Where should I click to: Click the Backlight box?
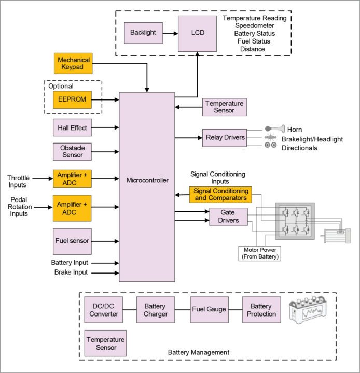coord(143,33)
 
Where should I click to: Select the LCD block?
coord(197,33)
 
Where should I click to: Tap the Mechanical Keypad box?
coord(73,63)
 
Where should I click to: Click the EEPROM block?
coord(73,98)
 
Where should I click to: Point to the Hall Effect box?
coord(72,127)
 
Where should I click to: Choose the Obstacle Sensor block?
coord(72,152)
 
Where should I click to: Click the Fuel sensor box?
coord(72,241)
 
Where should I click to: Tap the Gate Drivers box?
coord(228,217)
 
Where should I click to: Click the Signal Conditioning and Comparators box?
coord(220,194)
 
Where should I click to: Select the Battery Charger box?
coord(155,310)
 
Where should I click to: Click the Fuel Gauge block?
coord(209,310)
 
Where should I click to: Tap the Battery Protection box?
coord(261,310)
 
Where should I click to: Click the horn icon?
coord(274,128)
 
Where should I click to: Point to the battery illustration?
coord(310,312)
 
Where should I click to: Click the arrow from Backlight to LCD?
coord(170,33)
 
